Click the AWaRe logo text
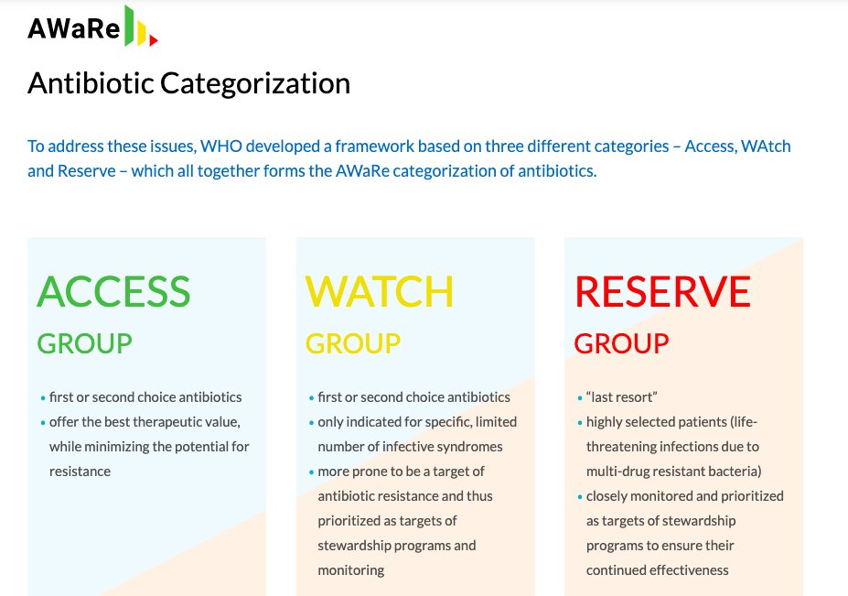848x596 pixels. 73,30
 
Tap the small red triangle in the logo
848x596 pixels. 154,40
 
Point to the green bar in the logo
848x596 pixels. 130,25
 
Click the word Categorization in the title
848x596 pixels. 255,83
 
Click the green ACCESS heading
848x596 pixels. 113,291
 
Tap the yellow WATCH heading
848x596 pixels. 379,291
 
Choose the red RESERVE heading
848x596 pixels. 662,291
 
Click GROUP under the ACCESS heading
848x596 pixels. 84,343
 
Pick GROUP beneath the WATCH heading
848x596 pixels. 352,343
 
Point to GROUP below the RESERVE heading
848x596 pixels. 621,343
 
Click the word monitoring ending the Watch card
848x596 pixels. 350,570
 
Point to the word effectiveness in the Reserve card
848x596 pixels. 688,570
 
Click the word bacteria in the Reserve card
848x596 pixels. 731,471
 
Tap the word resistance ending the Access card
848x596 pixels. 80,471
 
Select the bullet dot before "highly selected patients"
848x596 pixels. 580,423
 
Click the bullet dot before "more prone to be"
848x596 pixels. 311,472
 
